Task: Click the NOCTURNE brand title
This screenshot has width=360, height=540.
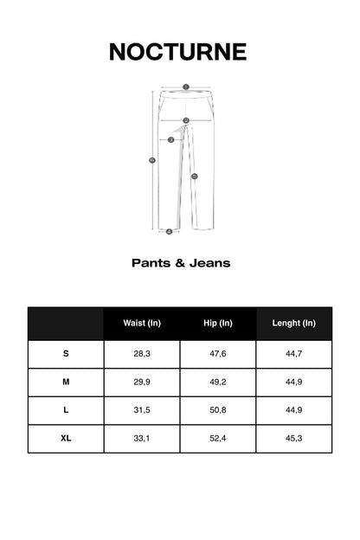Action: [177, 52]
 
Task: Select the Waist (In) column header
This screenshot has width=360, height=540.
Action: [142, 323]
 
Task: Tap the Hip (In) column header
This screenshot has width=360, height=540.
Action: [218, 323]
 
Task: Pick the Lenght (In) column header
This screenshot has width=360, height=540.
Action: [294, 323]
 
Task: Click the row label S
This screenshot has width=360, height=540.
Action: [66, 354]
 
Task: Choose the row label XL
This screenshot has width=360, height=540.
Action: [66, 439]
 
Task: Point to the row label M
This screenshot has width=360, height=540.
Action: [66, 382]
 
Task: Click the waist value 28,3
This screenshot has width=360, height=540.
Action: [142, 354]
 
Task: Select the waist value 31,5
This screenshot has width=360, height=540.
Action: [142, 410]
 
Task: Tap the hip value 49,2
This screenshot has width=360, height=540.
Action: [218, 382]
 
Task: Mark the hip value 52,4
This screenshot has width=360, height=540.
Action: [218, 439]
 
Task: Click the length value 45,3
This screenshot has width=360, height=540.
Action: [294, 439]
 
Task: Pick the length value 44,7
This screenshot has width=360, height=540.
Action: [294, 354]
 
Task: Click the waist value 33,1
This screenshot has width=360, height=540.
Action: [142, 439]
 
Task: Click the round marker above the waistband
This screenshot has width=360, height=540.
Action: [185, 87]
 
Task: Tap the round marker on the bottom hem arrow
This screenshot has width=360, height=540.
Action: [169, 231]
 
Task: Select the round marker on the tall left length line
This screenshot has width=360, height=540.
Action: [152, 160]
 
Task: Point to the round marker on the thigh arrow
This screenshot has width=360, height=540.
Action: [170, 139]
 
